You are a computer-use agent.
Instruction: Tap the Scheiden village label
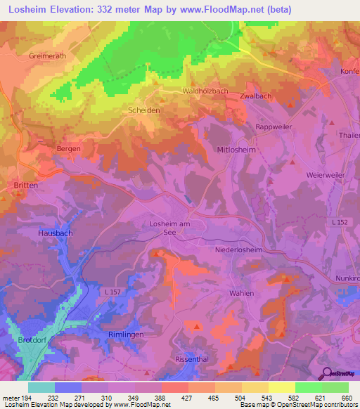[143, 110]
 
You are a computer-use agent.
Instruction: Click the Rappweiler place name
[274, 126]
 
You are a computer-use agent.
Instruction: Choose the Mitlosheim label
[237, 150]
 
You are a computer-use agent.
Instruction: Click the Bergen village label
[68, 149]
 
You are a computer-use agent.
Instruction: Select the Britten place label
[26, 184]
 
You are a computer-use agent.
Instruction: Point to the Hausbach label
[56, 232]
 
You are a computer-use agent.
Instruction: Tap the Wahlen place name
[241, 293]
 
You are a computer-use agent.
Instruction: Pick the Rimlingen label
[126, 335]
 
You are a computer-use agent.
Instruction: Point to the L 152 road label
[338, 223]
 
